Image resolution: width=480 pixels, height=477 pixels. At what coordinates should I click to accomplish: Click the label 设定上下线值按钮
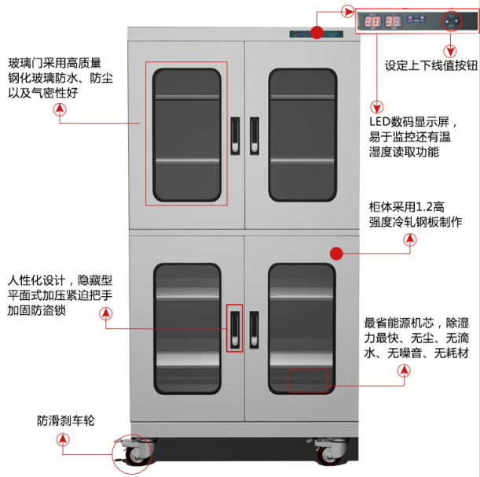click(x=431, y=66)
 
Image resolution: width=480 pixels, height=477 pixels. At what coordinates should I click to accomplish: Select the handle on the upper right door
click(x=255, y=135)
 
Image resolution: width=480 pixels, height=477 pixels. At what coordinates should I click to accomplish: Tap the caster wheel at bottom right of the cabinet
click(x=326, y=453)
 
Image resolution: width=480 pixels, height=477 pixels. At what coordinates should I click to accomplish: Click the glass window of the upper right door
click(x=302, y=134)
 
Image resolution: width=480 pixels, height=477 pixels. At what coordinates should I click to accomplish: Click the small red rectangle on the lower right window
click(x=308, y=381)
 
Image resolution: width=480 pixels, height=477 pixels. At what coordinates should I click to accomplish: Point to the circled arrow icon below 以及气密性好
click(x=59, y=112)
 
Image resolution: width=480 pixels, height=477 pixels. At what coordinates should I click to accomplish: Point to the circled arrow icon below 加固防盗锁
click(x=106, y=313)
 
